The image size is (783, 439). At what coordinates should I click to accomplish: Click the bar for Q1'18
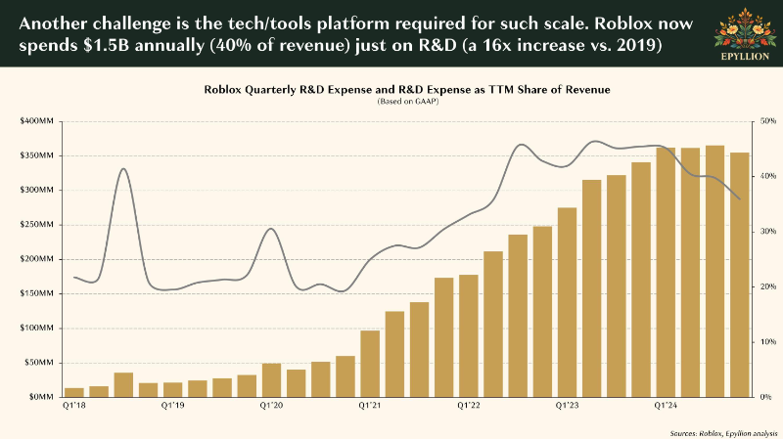(74, 393)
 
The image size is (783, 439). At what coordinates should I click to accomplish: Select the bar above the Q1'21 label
(370, 364)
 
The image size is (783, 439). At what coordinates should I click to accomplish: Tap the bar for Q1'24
(666, 273)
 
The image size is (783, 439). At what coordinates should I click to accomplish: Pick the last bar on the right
(740, 275)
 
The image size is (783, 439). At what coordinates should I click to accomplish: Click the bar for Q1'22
(469, 335)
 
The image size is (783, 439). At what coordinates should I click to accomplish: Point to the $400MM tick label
(36, 121)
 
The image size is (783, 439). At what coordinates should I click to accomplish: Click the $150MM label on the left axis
(36, 293)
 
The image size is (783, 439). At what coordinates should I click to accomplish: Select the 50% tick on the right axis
(768, 121)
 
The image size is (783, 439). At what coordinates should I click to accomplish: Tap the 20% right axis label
(768, 286)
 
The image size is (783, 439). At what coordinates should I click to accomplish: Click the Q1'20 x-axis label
(271, 406)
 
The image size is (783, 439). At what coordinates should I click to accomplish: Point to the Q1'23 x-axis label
(568, 406)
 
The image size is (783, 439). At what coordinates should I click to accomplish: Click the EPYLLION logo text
(745, 57)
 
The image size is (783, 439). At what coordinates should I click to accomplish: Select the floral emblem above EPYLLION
(745, 28)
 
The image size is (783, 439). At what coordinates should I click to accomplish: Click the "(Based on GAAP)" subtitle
(407, 102)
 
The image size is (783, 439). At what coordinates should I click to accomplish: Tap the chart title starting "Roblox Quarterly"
(407, 90)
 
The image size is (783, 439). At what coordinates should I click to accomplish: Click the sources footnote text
(723, 433)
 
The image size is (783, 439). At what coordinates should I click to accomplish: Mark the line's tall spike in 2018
(124, 169)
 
